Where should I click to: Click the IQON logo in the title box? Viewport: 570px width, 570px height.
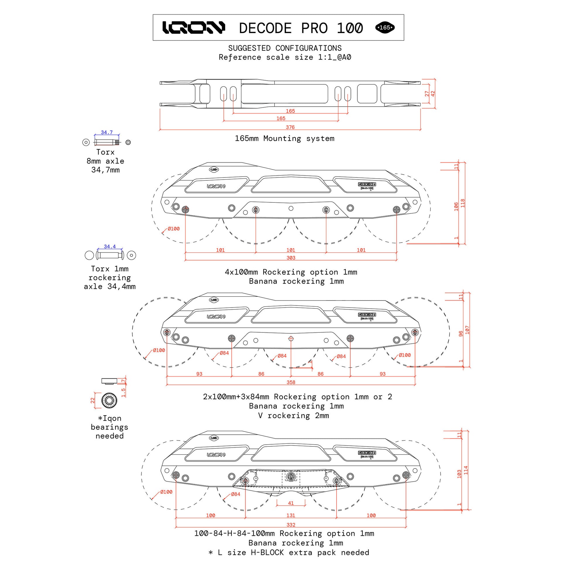[x=194, y=28]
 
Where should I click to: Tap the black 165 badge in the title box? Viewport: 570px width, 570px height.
[x=385, y=28]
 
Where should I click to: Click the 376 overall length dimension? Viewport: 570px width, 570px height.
[x=290, y=127]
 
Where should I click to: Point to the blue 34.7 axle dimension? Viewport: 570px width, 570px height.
[x=107, y=132]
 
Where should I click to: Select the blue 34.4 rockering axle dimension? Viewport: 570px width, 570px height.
[x=110, y=246]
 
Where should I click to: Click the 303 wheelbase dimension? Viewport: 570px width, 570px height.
[x=291, y=257]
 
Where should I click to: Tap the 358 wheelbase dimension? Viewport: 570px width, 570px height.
[x=291, y=382]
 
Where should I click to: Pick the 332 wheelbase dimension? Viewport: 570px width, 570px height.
[x=291, y=525]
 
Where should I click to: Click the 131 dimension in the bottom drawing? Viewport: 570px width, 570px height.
[x=291, y=515]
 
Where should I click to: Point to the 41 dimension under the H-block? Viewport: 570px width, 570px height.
[x=291, y=503]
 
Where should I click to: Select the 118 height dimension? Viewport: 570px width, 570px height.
[x=463, y=203]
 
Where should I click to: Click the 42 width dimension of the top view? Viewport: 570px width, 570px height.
[x=433, y=93]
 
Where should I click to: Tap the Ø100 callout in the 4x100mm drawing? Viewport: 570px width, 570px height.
[x=173, y=229]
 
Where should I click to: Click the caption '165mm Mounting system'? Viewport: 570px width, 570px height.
[x=284, y=138]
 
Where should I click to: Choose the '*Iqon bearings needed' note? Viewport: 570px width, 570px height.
[x=110, y=427]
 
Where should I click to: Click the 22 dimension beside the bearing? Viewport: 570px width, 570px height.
[x=92, y=400]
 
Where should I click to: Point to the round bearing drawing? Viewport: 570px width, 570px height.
[x=109, y=400]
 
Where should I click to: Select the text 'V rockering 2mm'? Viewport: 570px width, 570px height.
[x=293, y=415]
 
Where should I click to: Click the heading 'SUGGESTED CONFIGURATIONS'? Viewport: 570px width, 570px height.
[x=285, y=48]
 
